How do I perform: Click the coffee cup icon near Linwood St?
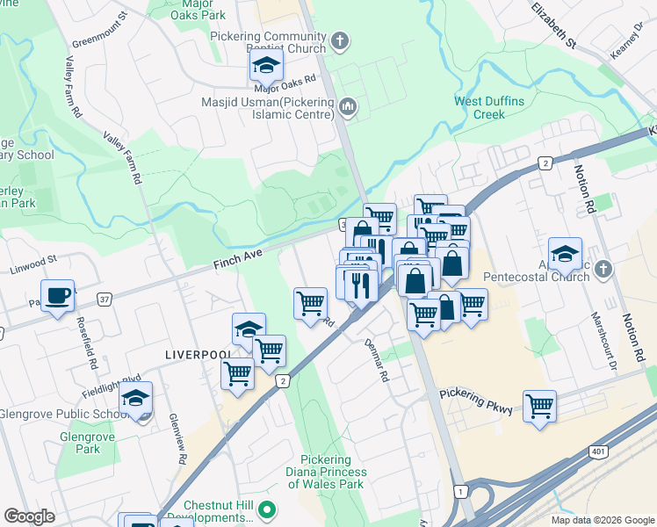point(57,295)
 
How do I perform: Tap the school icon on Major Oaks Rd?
point(266,64)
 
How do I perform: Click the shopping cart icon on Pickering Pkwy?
point(539,406)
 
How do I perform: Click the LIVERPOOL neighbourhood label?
point(197,354)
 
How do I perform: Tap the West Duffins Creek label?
point(489,108)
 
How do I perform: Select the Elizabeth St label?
point(553,25)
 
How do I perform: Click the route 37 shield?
point(105,300)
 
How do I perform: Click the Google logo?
point(29,516)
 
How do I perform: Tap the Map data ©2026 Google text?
point(602,520)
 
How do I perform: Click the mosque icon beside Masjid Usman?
point(348,107)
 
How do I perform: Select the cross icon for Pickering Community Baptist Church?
point(340,40)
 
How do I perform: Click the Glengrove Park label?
point(82,443)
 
